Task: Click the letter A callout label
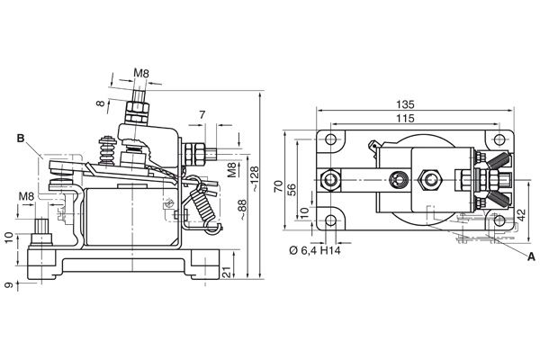(x=530, y=257)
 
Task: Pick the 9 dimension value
(x=8, y=285)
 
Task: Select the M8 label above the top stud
(x=141, y=73)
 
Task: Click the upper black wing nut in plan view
(x=496, y=161)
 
